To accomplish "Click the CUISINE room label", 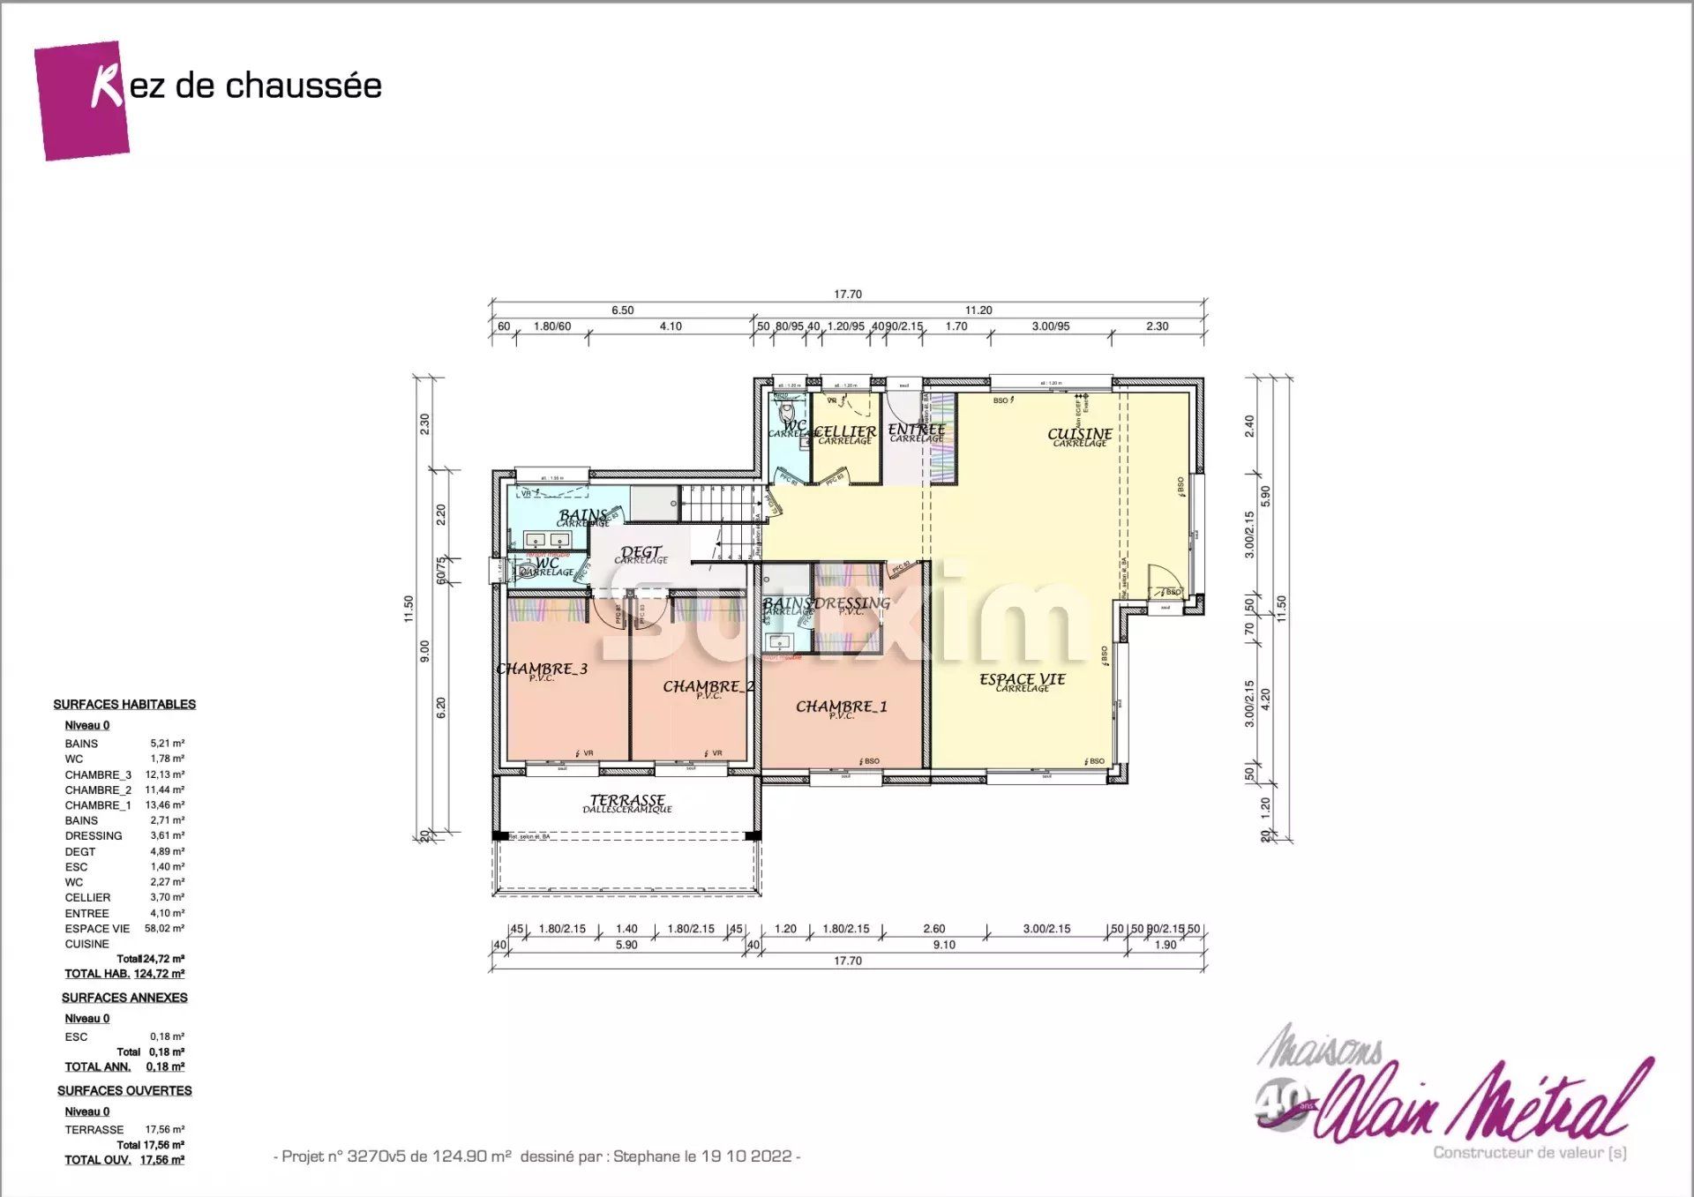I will click(x=1079, y=434).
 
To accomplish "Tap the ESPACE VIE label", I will click(x=1022, y=679).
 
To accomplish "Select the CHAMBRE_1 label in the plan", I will click(x=841, y=707).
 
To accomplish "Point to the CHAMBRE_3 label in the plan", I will click(x=542, y=669).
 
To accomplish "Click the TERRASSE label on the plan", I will click(x=627, y=800).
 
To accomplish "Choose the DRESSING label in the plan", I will click(x=851, y=603).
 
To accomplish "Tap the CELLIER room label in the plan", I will click(x=844, y=432).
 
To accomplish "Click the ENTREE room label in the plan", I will click(x=916, y=430).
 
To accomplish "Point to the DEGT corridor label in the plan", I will click(x=641, y=553).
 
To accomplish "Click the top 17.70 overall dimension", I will click(x=847, y=295).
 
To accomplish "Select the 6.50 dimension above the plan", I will click(x=622, y=310).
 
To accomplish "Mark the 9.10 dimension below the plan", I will click(x=944, y=945).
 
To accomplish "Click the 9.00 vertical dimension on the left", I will click(x=425, y=651).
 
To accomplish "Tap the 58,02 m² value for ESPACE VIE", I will click(x=165, y=929).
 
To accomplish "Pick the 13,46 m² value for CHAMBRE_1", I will click(x=165, y=805).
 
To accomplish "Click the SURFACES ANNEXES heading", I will click(x=124, y=998).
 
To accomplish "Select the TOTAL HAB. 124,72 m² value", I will click(x=159, y=974).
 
